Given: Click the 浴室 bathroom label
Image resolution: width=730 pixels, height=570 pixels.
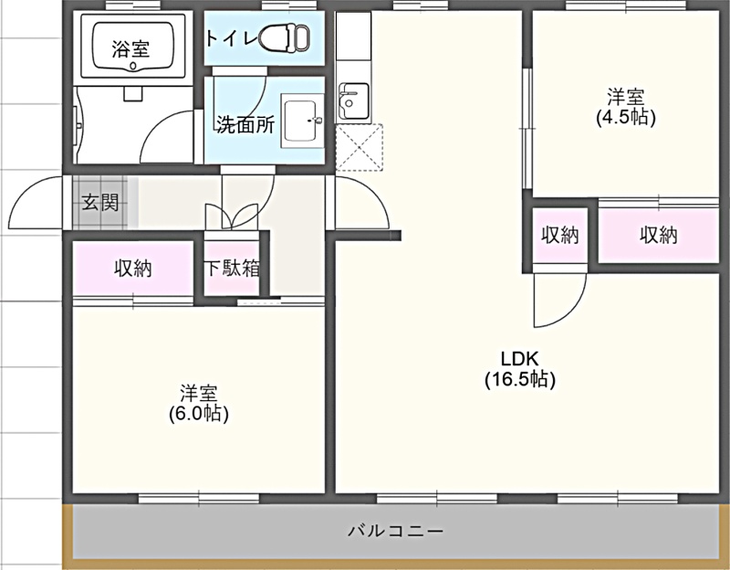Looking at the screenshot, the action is [130, 48].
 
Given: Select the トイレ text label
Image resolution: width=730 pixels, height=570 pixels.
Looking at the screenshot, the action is [232, 38].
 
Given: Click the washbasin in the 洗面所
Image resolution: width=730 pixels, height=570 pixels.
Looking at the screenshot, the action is [302, 121].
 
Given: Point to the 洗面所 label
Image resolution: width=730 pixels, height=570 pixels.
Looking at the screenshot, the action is [245, 124].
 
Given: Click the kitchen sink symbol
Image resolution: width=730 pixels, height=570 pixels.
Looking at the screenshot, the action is [354, 101].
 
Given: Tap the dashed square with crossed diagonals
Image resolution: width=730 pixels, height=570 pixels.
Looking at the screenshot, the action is [360, 147].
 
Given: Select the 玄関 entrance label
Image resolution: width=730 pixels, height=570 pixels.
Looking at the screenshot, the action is [100, 203].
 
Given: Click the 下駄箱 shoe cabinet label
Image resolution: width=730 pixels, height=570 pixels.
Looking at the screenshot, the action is [233, 268].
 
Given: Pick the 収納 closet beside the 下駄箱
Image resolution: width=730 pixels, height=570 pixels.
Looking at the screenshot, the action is [133, 268].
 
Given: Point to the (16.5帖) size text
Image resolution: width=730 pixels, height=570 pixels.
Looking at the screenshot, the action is [520, 379].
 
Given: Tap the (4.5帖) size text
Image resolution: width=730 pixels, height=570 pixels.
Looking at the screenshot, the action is [626, 118].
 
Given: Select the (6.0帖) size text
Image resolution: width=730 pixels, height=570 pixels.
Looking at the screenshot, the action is [199, 414].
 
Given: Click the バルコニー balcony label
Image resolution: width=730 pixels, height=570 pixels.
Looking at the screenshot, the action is [396, 531].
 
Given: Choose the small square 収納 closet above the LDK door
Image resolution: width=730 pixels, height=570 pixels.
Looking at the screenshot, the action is [560, 236].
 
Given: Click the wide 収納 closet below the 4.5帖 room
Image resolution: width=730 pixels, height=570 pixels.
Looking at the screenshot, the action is [658, 236].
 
